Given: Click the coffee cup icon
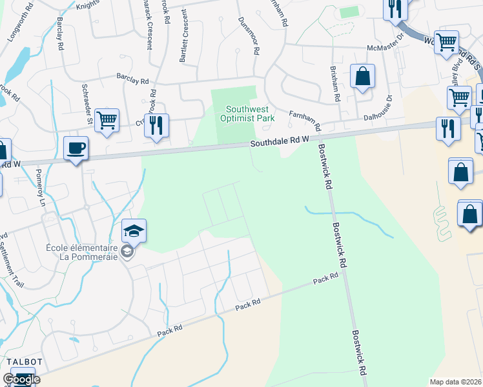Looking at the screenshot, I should pyautogui.click(x=76, y=148).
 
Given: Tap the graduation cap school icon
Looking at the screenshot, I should pyautogui.click(x=134, y=231).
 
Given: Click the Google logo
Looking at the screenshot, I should pyautogui.click(x=21, y=379).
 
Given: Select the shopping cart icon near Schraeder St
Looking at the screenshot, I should pyautogui.click(x=107, y=120).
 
